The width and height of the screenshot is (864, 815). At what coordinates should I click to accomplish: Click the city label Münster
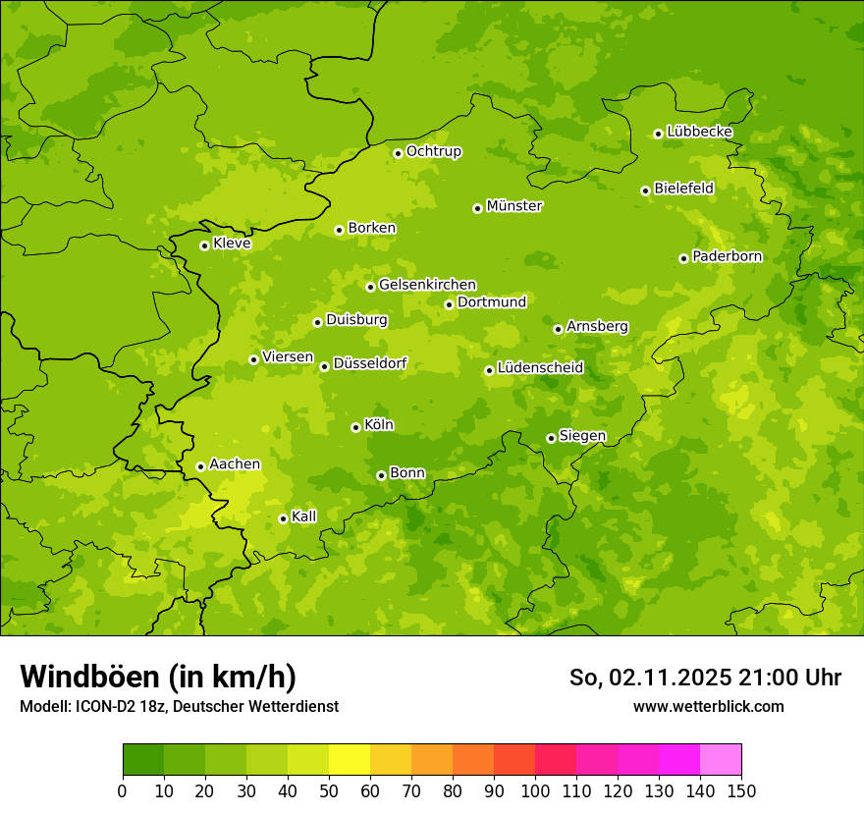(x=513, y=206)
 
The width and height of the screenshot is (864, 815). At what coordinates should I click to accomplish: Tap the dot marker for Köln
(x=355, y=427)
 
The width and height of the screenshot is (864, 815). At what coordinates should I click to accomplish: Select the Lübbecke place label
(x=699, y=132)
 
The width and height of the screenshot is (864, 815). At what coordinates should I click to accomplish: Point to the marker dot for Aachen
(x=200, y=466)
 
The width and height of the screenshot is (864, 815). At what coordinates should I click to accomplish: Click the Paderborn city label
(x=727, y=256)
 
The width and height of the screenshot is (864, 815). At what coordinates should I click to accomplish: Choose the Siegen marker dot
(x=551, y=438)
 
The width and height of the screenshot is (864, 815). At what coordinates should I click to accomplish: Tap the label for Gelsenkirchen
(x=427, y=285)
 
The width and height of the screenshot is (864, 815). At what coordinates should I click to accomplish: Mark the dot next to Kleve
(x=204, y=245)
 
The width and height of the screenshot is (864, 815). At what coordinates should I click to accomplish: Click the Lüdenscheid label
(x=540, y=368)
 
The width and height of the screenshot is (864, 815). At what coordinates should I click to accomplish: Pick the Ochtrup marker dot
(x=398, y=153)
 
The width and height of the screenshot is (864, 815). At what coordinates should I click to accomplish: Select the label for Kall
(x=303, y=516)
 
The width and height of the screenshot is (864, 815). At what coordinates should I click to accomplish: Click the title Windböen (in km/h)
(x=158, y=677)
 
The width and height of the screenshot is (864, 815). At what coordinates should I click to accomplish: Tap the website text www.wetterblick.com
(x=708, y=706)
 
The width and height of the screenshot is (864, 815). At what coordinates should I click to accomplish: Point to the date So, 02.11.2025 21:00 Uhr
(x=705, y=678)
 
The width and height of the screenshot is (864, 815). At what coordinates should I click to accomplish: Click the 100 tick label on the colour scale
(x=535, y=790)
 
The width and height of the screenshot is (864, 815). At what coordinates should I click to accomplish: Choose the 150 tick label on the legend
(x=741, y=790)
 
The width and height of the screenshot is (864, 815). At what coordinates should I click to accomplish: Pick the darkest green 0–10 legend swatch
(x=143, y=760)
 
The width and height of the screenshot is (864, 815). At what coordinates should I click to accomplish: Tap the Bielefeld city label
(x=683, y=188)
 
